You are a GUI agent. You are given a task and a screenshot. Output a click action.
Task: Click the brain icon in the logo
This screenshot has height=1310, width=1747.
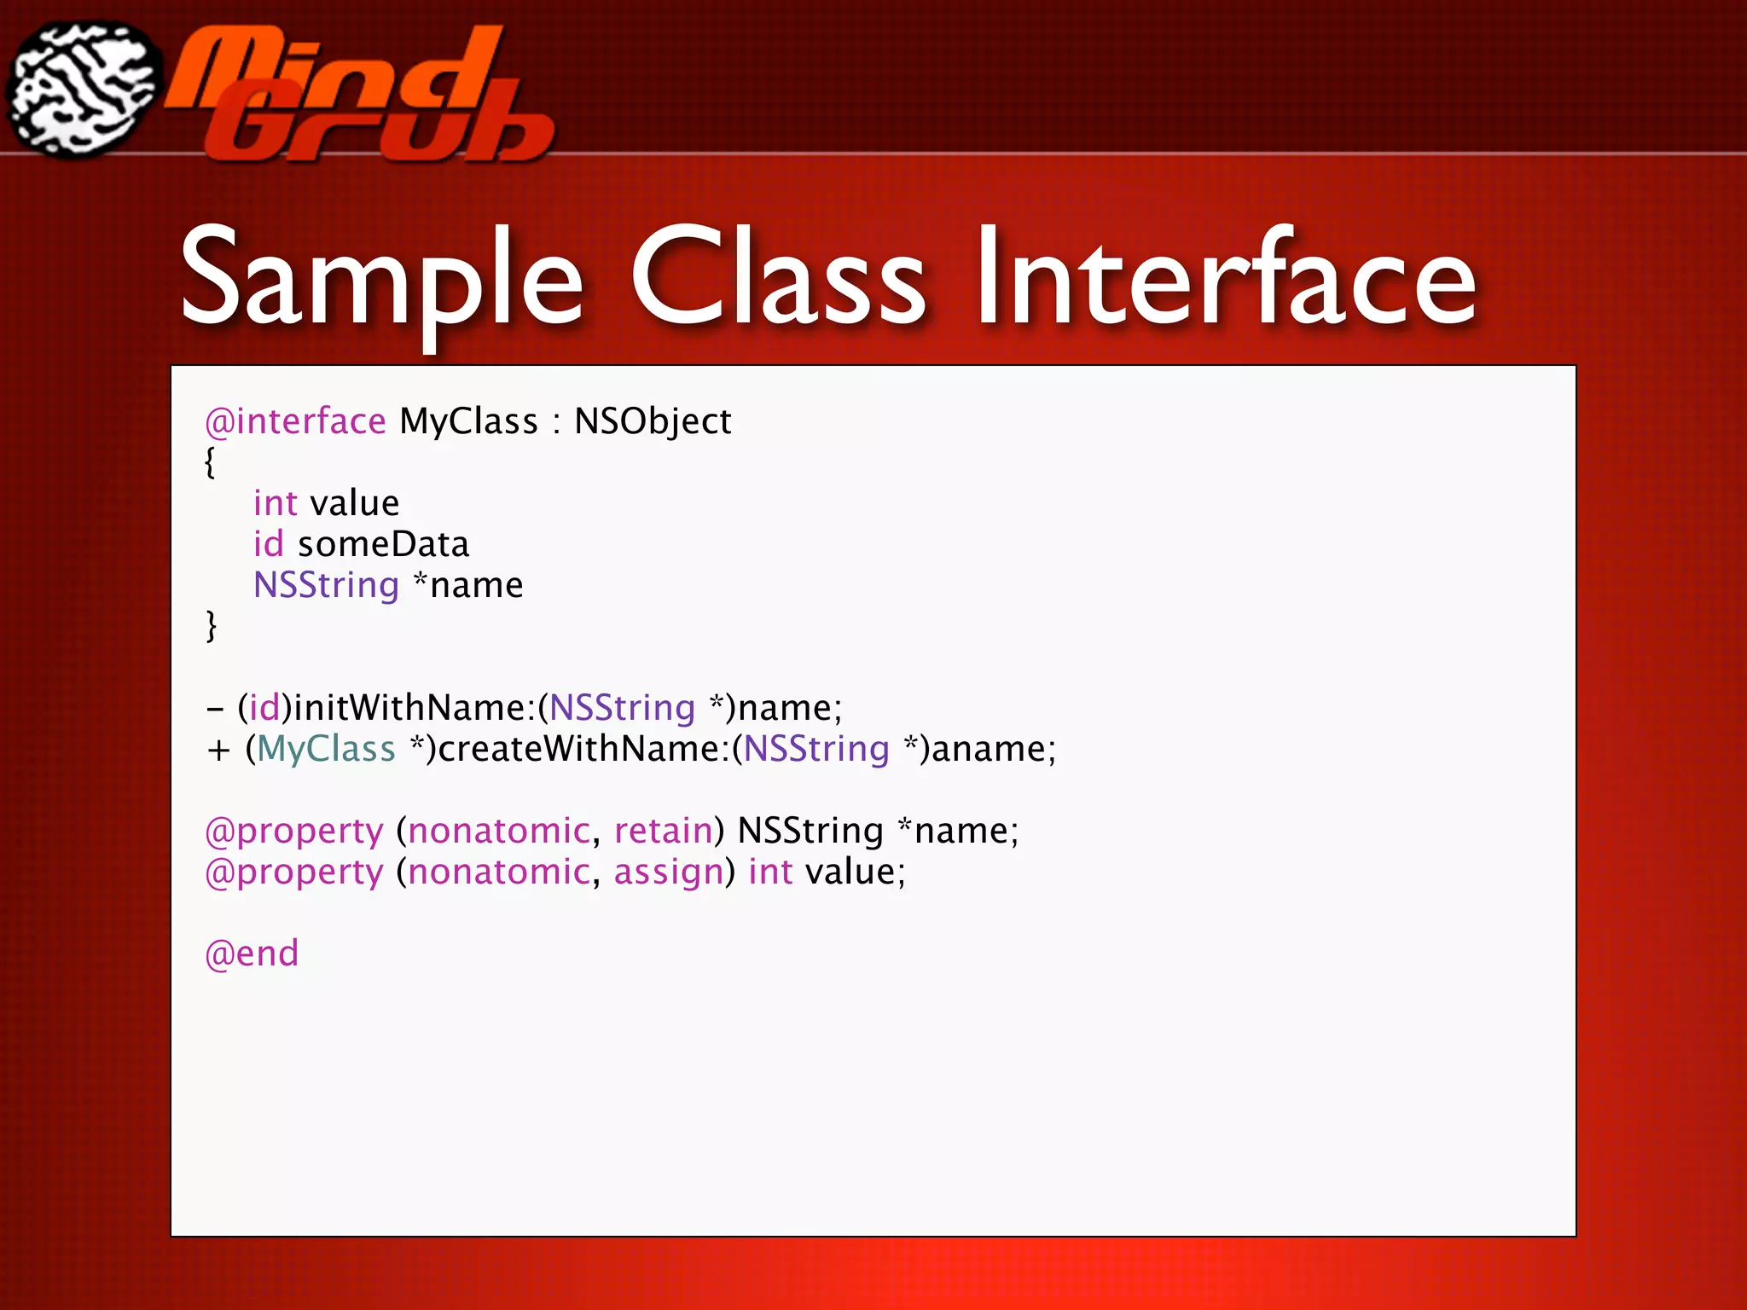[83, 90]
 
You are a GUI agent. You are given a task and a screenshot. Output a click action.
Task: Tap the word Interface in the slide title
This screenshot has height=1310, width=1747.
[1226, 277]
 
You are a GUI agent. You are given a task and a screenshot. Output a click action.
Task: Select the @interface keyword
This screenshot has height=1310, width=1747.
[295, 421]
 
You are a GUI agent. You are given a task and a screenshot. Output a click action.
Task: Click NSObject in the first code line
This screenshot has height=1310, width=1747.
[653, 421]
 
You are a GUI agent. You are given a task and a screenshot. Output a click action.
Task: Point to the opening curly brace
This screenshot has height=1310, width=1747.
[210, 462]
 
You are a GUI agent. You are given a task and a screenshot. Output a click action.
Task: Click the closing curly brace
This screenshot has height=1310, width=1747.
[211, 626]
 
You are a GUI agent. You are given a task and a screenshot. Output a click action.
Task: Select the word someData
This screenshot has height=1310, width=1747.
[383, 544]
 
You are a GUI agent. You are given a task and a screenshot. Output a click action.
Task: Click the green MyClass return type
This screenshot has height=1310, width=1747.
[326, 749]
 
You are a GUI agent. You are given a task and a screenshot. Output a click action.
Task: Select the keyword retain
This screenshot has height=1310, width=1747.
[663, 831]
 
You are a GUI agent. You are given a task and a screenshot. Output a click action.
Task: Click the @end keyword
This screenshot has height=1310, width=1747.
[252, 954]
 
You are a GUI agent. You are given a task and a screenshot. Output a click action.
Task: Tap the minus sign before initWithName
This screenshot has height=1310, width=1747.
[215, 709]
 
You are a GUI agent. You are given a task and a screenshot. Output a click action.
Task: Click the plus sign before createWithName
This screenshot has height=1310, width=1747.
[218, 750]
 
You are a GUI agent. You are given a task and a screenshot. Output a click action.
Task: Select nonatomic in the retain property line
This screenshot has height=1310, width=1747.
[498, 831]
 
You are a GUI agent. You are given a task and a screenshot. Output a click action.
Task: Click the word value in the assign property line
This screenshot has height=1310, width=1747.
[850, 872]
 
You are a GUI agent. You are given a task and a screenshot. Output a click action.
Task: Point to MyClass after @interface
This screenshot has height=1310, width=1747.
[468, 421]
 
